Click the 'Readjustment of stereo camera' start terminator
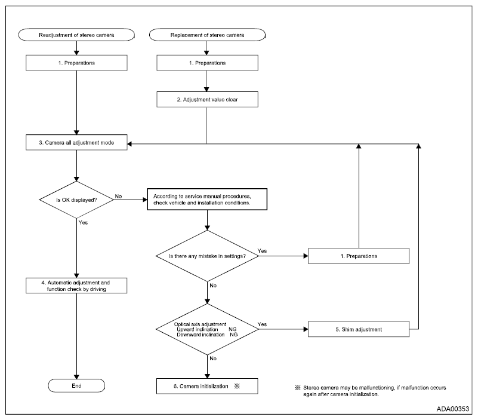(x=76, y=35)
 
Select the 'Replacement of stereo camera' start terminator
(x=207, y=35)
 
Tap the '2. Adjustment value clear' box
(x=207, y=100)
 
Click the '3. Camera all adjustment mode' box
(x=76, y=143)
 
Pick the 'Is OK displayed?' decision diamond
(x=76, y=200)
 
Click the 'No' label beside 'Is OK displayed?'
(x=118, y=197)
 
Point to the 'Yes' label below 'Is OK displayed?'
(x=83, y=222)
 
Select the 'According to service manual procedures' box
(x=207, y=200)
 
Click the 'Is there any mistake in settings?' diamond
(x=207, y=256)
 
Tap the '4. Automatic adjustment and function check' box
(x=76, y=286)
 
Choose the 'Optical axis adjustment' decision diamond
(x=207, y=329)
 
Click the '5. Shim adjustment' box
(x=359, y=329)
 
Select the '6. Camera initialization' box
(x=207, y=387)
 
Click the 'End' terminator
(x=76, y=386)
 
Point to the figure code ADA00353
(x=453, y=409)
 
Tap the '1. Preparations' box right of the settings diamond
(x=359, y=256)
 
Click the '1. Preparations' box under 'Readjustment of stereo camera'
(x=76, y=63)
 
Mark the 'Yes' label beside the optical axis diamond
(x=262, y=324)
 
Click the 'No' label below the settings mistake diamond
(x=213, y=286)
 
